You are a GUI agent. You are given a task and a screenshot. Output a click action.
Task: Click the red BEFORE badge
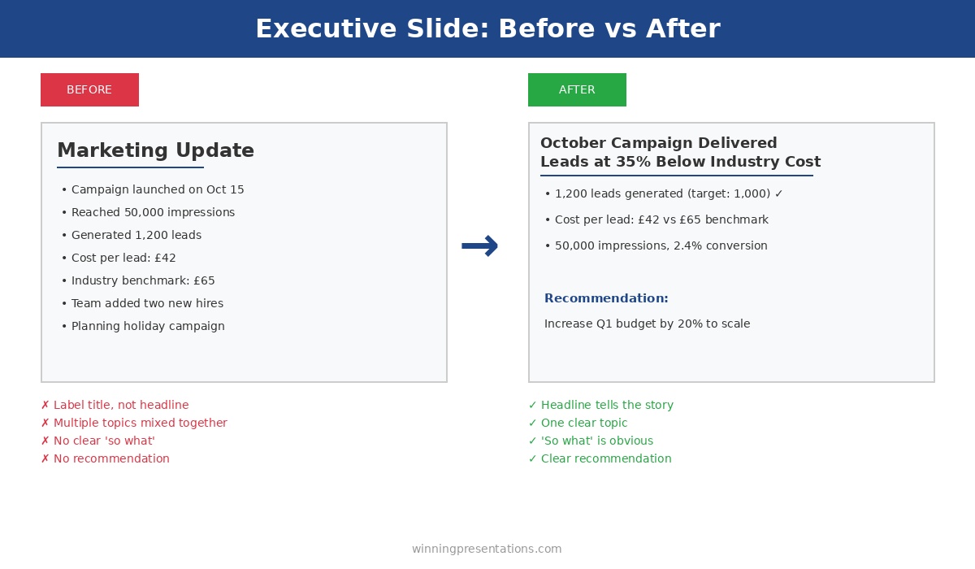[x=89, y=90]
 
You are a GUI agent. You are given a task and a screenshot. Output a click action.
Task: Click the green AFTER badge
[x=577, y=90]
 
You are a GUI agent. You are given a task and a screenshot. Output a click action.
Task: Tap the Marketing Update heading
[x=155, y=151]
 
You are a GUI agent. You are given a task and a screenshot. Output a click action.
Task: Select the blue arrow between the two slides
[x=479, y=245]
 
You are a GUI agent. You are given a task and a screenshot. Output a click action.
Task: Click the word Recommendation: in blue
[x=606, y=299]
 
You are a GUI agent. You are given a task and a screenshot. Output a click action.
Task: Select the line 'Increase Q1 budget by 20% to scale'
[x=647, y=324]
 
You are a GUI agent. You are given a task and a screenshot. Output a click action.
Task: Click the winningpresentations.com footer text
[x=487, y=549]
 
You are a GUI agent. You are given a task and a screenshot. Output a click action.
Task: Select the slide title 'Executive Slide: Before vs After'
[x=487, y=29]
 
